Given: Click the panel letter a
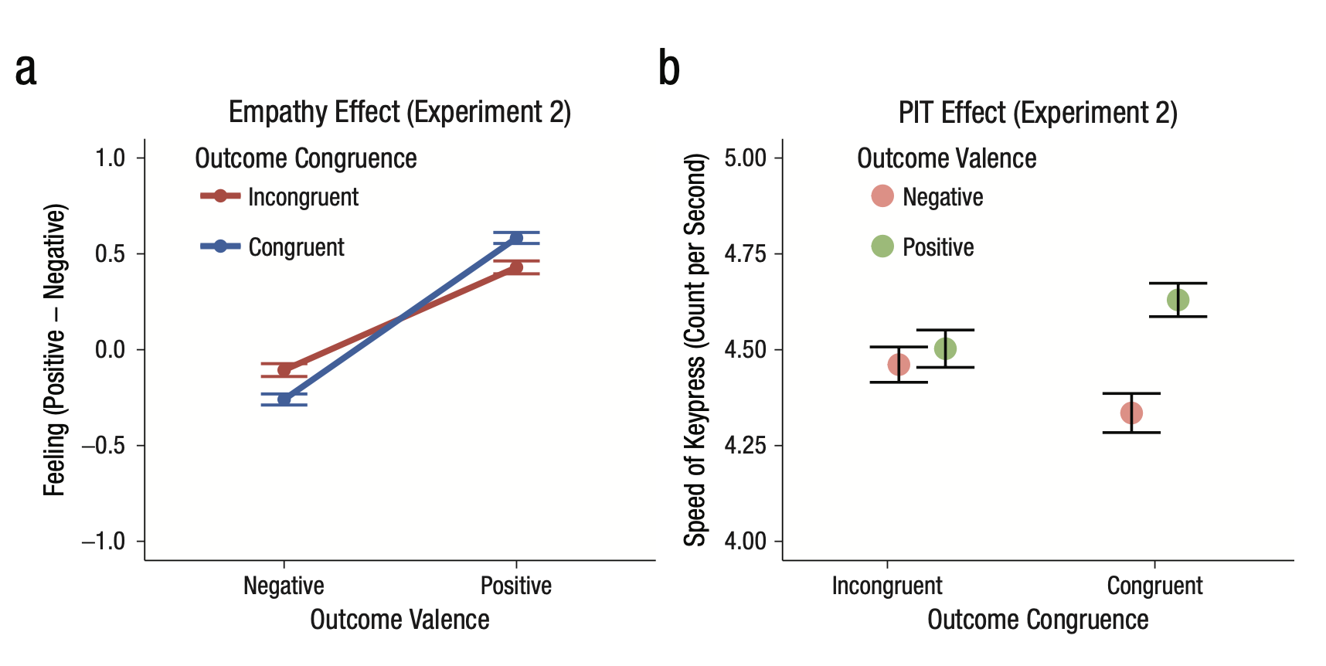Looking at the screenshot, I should (25, 70).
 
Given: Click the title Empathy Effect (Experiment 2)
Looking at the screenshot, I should (399, 113).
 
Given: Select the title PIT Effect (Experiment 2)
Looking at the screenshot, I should (1037, 113).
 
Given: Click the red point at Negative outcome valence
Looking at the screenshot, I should (284, 369).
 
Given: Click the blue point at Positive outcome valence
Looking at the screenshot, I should (516, 238).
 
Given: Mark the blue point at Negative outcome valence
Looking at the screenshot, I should (284, 399).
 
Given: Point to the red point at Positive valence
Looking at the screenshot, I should (516, 267).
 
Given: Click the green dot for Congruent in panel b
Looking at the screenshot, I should (1178, 300).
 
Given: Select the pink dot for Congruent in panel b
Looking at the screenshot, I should (1131, 413).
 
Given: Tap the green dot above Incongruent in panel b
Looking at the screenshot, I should (945, 348).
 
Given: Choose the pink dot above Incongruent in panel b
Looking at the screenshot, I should (899, 365).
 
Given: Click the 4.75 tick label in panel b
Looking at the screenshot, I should (745, 254).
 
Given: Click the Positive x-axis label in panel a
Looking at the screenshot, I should (516, 586).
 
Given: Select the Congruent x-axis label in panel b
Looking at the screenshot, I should (1154, 586).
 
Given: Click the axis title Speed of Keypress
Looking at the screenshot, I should (695, 349).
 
